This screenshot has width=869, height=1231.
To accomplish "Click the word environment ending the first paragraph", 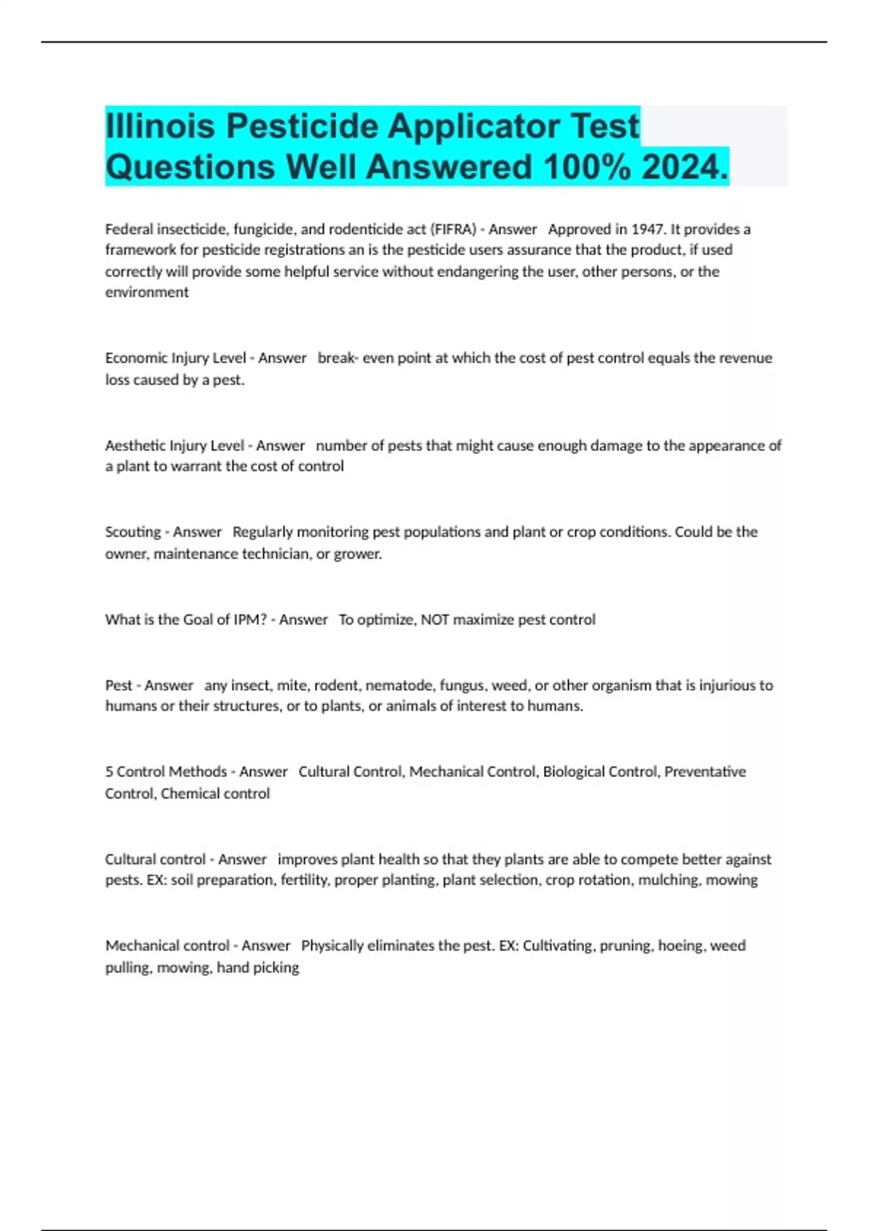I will click(x=147, y=293).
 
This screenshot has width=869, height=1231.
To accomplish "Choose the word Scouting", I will click(x=133, y=532).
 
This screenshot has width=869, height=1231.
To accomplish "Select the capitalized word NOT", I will click(x=435, y=620).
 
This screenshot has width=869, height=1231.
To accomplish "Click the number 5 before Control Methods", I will click(x=109, y=772).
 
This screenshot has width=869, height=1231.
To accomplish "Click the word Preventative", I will click(x=705, y=772).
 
